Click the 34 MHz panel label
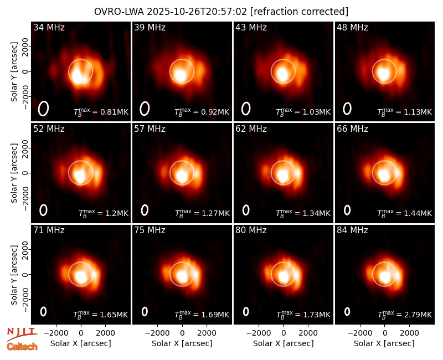click(49, 27)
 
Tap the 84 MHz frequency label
click(352, 230)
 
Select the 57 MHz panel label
click(150, 129)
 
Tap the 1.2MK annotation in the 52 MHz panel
click(117, 213)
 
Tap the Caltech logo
click(22, 347)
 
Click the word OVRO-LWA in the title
click(119, 12)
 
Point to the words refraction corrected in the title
click(300, 12)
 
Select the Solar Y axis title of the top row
click(14, 72)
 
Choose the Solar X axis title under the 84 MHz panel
click(384, 343)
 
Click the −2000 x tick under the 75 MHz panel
click(157, 333)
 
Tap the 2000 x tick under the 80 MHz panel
click(308, 333)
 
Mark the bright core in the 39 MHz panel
click(179, 75)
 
